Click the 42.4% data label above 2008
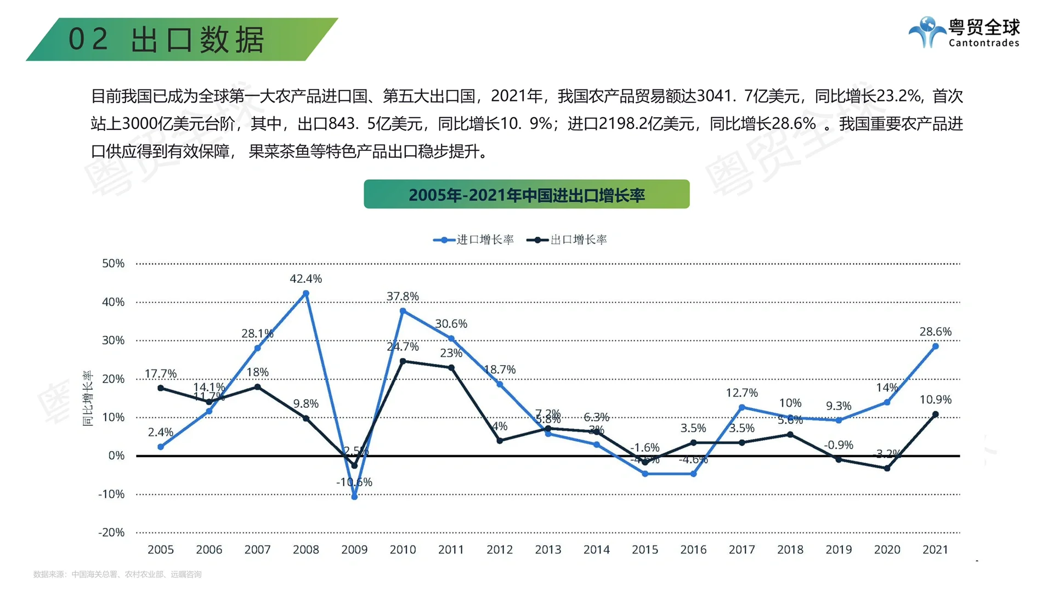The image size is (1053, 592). click(x=305, y=278)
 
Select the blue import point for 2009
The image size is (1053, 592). click(x=354, y=497)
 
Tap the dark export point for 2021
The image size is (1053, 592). click(x=935, y=414)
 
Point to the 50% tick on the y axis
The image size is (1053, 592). click(x=113, y=263)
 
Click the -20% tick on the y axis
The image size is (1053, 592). click(x=111, y=532)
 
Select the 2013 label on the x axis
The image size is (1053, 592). click(x=548, y=549)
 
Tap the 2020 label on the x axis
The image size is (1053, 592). click(x=887, y=549)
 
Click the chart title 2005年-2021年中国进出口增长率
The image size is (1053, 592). click(x=526, y=195)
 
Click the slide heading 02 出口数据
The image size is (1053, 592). click(x=166, y=39)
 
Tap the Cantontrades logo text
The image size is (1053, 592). click(x=984, y=43)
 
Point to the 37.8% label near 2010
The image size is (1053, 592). click(x=403, y=297)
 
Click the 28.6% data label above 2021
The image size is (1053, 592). click(x=935, y=332)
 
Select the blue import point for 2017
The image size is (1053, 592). click(x=741, y=407)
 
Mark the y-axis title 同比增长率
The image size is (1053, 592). click(x=88, y=399)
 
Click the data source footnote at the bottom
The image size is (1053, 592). click(x=117, y=574)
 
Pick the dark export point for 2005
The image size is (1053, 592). click(x=161, y=388)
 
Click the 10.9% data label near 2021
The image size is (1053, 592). click(x=935, y=400)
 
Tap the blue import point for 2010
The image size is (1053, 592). click(x=403, y=311)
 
